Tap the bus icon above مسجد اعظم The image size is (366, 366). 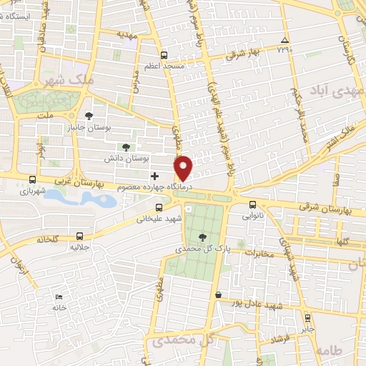164,54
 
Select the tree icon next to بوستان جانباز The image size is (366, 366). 89,116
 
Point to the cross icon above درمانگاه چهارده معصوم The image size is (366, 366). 154,176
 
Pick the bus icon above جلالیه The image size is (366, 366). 79,236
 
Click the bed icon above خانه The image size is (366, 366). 59,297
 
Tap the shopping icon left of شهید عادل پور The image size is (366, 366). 217,295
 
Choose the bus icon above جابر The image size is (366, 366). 307,319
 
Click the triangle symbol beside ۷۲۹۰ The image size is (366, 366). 285,40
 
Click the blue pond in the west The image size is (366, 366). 79,198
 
